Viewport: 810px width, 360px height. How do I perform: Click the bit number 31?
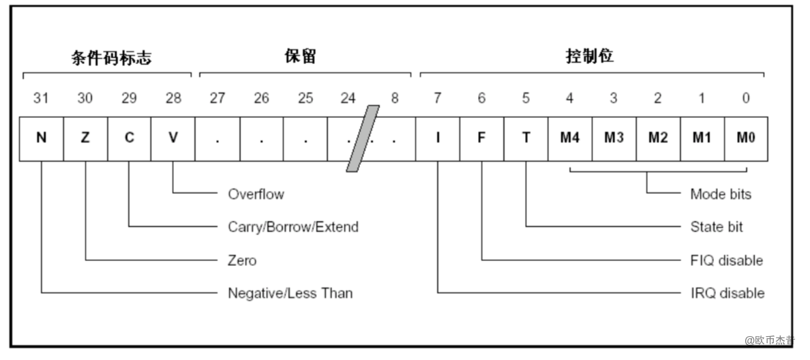coord(41,98)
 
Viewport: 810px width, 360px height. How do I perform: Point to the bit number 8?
coord(394,98)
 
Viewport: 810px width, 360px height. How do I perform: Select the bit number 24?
coord(348,98)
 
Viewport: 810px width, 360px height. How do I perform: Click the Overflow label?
coord(256,194)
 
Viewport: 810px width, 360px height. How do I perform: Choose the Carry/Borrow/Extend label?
coord(293,227)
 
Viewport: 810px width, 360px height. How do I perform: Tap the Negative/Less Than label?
coord(290,293)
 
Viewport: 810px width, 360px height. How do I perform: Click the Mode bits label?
coord(721,194)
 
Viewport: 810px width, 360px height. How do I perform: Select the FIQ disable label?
coord(727,260)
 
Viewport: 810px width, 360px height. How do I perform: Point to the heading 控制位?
coord(590,57)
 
